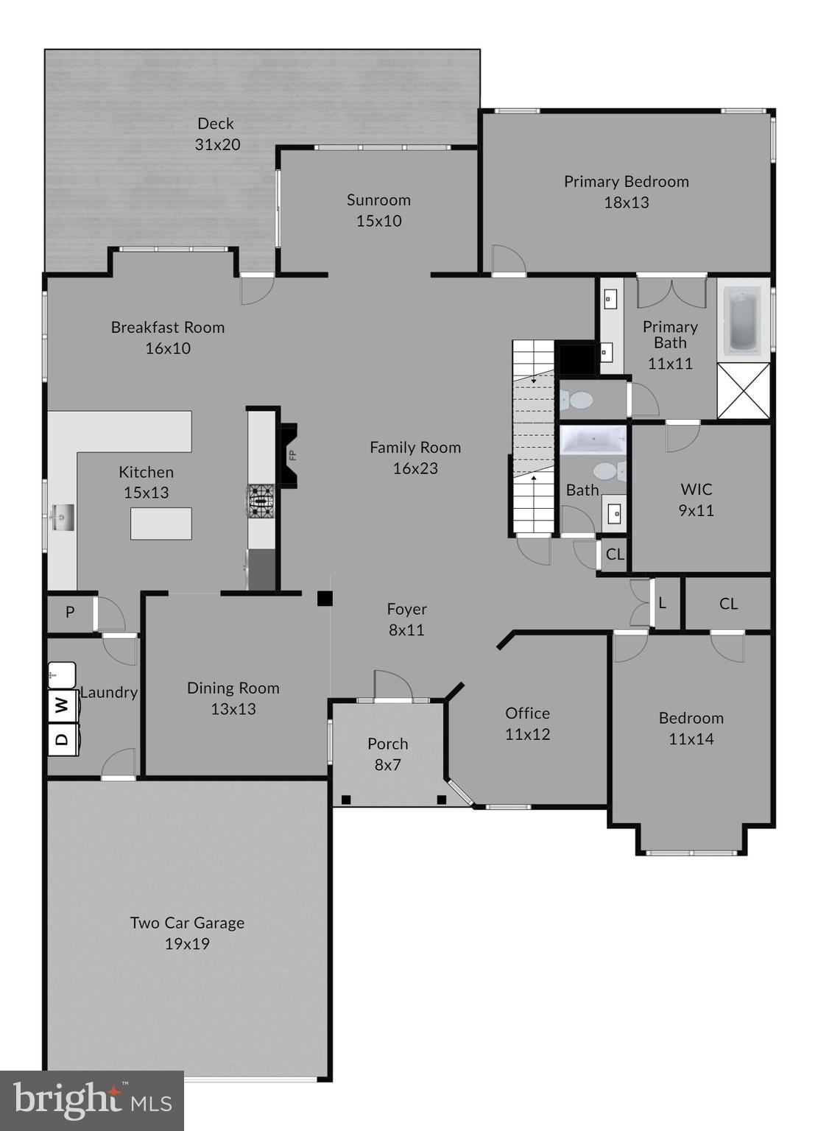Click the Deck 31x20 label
pos(217,134)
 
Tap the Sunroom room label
pos(378,210)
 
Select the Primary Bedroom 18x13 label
pos(626,191)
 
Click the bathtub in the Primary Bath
pos(743,319)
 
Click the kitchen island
pos(161,524)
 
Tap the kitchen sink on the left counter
pos(63,517)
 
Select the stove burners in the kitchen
pos(261,501)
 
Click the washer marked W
pos(63,705)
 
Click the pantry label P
pos(70,612)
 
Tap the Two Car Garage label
pos(187,933)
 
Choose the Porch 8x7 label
pos(387,754)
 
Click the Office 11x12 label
pos(527,723)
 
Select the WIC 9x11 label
pos(696,499)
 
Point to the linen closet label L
pos(663,604)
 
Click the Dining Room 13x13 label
pos(233,698)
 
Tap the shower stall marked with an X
pos(744,391)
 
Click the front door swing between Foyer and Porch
pos(392,686)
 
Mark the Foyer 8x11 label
pos(406,619)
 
